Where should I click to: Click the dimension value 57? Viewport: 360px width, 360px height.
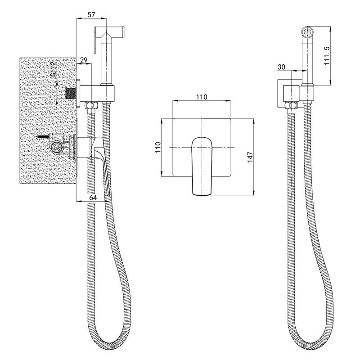pos(91,14)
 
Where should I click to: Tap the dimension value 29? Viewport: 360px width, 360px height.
pos(84,60)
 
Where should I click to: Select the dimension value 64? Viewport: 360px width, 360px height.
pos(93,198)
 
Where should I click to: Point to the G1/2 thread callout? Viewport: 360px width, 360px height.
pos(53,69)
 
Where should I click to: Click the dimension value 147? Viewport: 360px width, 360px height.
pos(250,157)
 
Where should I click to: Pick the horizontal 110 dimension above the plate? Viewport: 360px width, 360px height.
pos(202,97)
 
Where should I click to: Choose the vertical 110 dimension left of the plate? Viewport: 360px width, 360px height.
pos(158,148)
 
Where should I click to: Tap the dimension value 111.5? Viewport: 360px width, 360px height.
pos(327,55)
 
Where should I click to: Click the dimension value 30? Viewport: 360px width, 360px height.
pos(281,67)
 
